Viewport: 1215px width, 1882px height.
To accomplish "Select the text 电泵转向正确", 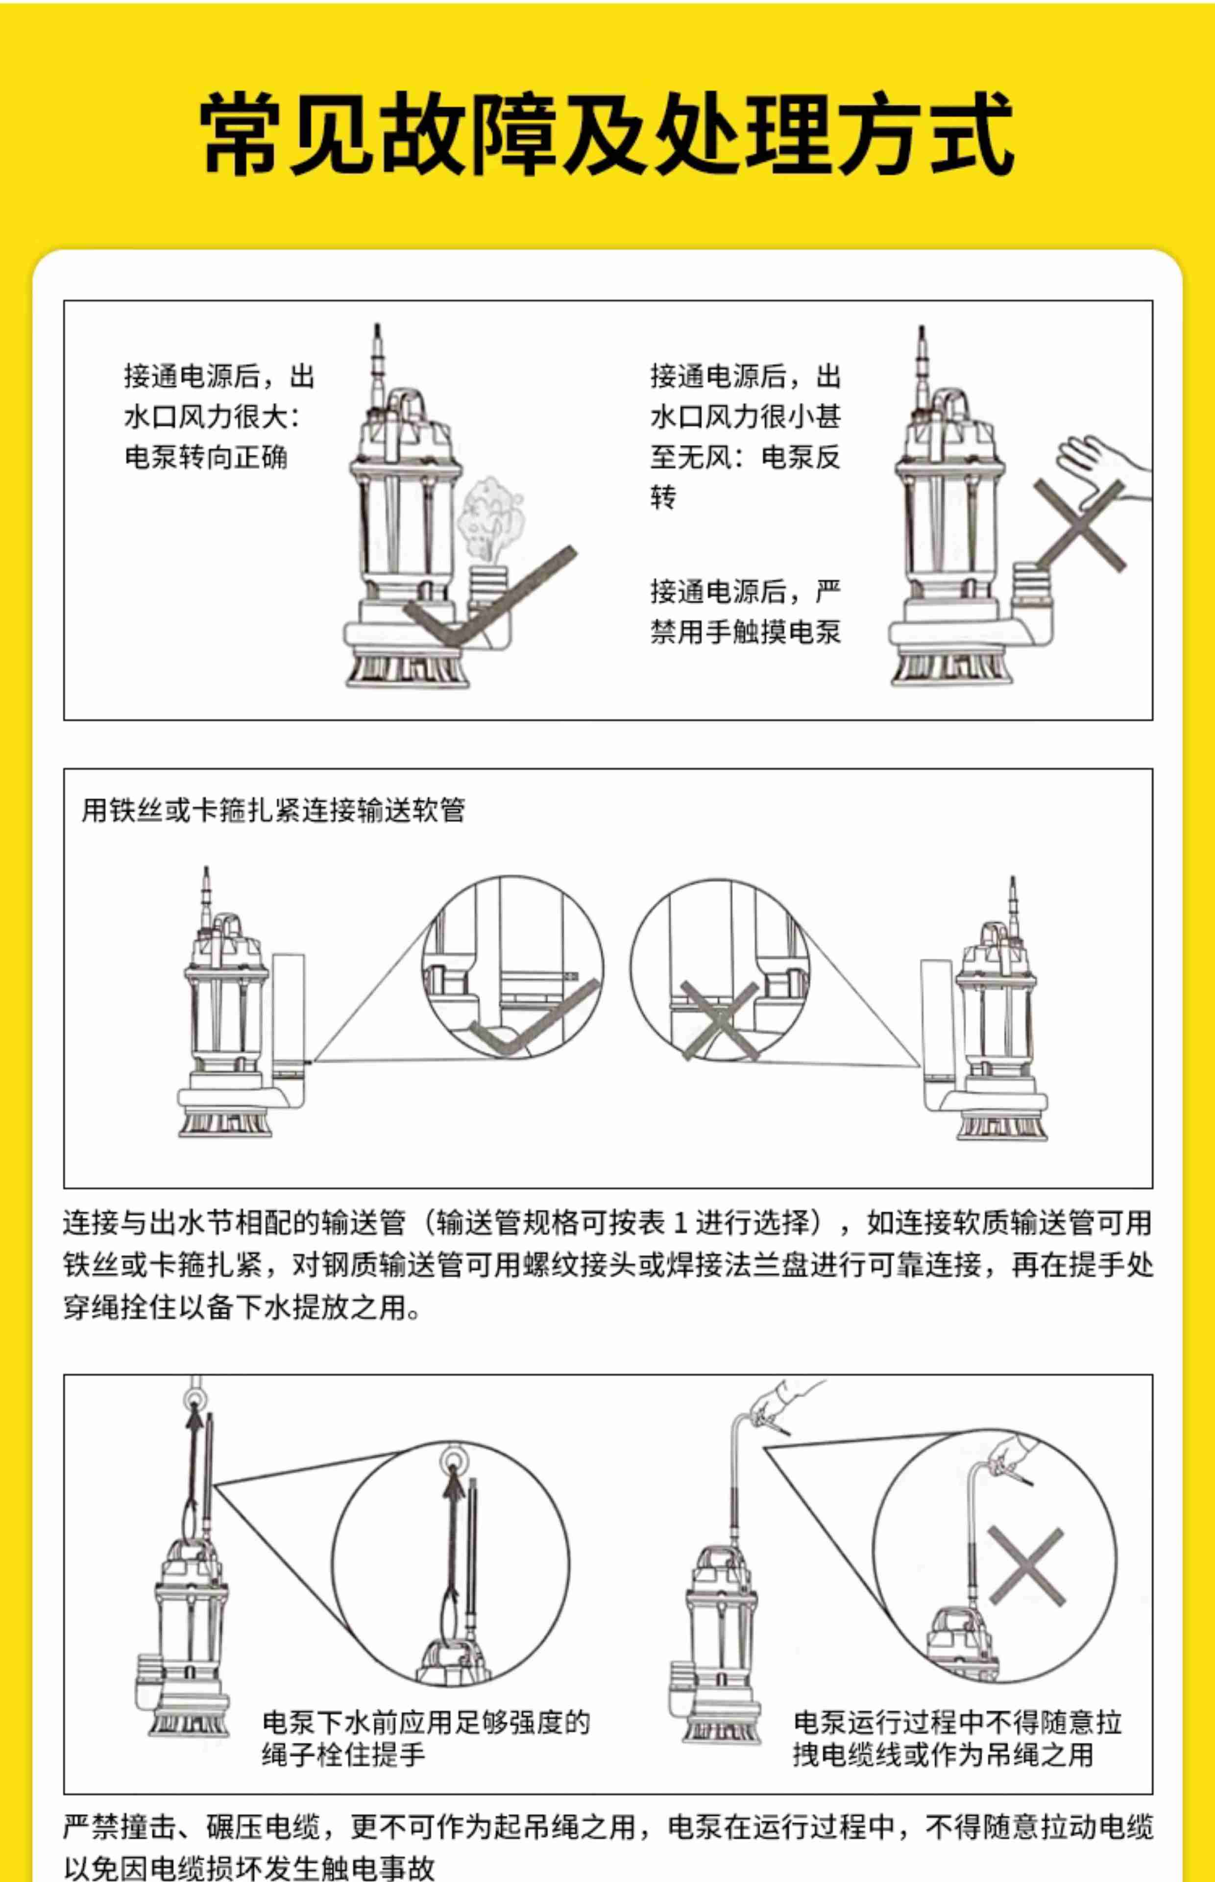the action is (x=206, y=457).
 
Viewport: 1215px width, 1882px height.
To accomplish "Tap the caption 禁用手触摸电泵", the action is (x=746, y=632).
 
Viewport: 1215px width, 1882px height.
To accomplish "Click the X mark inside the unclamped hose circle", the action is (x=720, y=1021).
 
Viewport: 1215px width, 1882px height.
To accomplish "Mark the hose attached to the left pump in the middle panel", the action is (x=288, y=1014).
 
